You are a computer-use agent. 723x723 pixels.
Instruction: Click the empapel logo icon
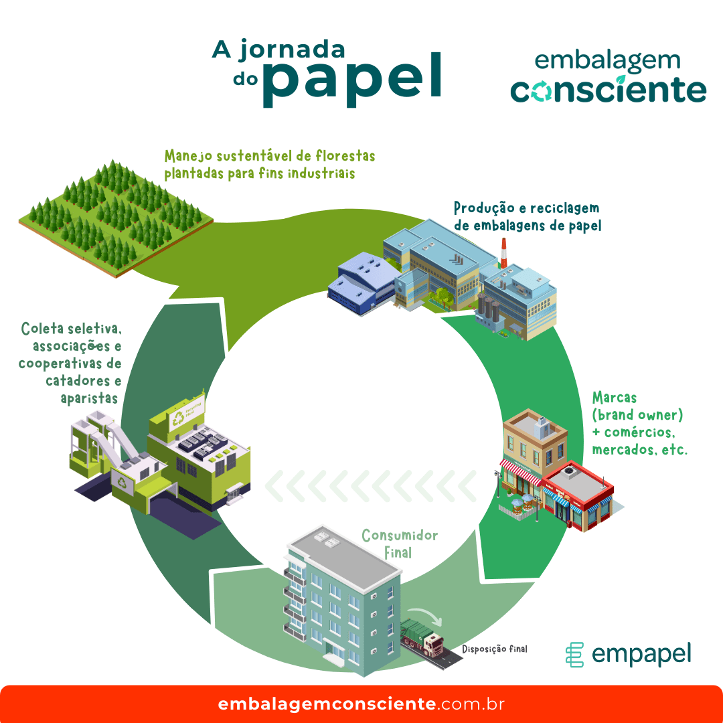pos(574,654)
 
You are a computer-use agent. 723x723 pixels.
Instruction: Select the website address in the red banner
pos(361,704)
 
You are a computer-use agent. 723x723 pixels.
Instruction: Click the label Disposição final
pos(495,649)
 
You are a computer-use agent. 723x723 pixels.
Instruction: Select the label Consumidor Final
pos(400,544)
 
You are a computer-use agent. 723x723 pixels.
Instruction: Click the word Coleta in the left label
pos(42,329)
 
